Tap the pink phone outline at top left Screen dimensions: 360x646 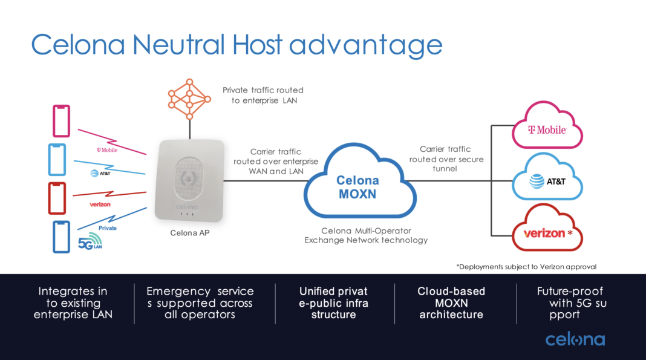click(61, 121)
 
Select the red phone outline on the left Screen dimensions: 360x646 click(57, 198)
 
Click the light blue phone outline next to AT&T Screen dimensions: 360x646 click(57, 160)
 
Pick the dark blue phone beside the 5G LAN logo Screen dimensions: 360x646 click(61, 237)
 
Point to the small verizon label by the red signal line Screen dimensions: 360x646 click(100, 205)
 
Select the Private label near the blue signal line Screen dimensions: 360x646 click(108, 228)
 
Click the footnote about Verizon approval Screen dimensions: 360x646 click(526, 267)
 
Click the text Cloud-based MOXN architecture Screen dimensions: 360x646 click(451, 303)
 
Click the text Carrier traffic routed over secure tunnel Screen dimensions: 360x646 click(445, 159)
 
